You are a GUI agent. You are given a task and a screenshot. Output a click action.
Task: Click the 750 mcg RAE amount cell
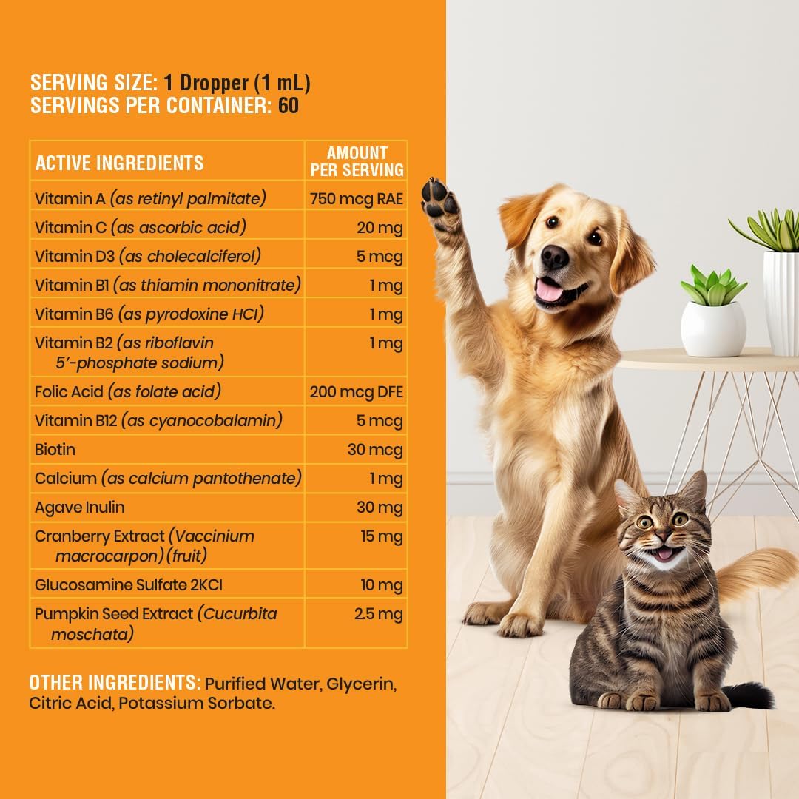click(x=356, y=198)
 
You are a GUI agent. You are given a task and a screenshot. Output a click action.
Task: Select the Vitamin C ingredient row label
click(x=140, y=227)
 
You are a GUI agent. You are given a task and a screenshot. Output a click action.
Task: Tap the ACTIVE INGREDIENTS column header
click(x=119, y=163)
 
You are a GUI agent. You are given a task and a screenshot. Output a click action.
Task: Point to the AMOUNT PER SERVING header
click(x=357, y=161)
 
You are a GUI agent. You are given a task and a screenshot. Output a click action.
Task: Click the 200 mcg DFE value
click(x=356, y=392)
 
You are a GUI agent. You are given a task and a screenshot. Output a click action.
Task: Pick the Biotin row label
click(x=55, y=450)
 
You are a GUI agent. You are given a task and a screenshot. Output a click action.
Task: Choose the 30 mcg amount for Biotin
click(x=375, y=450)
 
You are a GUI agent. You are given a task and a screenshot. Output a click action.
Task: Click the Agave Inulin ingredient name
click(x=79, y=508)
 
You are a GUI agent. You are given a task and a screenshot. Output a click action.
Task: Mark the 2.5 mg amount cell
click(x=379, y=614)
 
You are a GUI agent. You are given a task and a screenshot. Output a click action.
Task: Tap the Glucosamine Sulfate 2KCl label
click(x=129, y=585)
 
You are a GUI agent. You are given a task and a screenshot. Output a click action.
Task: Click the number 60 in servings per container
click(x=289, y=106)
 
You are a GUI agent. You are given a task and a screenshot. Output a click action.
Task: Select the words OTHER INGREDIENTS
click(x=115, y=682)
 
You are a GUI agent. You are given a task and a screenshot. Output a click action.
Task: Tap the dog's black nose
click(x=554, y=257)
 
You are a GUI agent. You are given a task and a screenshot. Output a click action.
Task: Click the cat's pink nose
click(x=663, y=538)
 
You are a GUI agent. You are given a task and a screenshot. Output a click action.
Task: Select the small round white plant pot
click(x=713, y=329)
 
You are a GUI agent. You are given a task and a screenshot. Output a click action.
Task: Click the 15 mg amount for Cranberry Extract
click(x=382, y=536)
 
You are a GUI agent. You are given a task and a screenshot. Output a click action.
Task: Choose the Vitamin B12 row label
click(x=158, y=421)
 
